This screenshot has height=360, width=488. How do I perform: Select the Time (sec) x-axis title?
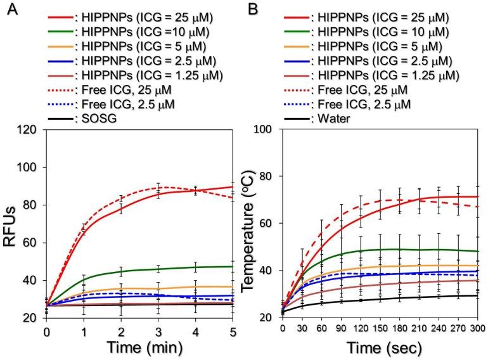coord(380,349)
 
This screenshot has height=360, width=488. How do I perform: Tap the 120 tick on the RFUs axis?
coord(29,130)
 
